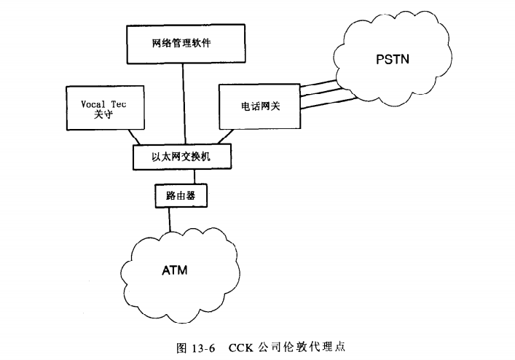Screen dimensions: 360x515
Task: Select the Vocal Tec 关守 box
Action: coord(101,108)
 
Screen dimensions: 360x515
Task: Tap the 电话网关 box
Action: coord(258,106)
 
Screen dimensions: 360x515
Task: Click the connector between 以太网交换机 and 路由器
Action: coord(194,176)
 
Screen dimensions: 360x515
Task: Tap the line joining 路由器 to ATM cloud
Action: coord(170,219)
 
